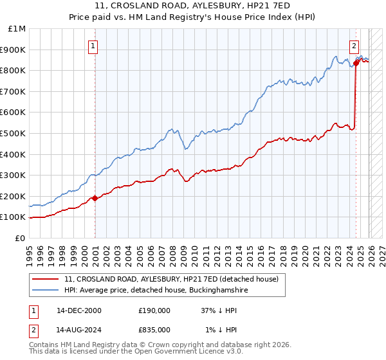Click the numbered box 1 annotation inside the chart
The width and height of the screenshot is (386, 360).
[x=93, y=46]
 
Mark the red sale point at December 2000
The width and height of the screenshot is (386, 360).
[x=95, y=198]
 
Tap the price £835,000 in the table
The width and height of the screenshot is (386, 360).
[x=154, y=329]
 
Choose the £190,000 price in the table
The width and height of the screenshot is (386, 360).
[x=154, y=310]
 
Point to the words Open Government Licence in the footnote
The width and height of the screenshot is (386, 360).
[x=181, y=352]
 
